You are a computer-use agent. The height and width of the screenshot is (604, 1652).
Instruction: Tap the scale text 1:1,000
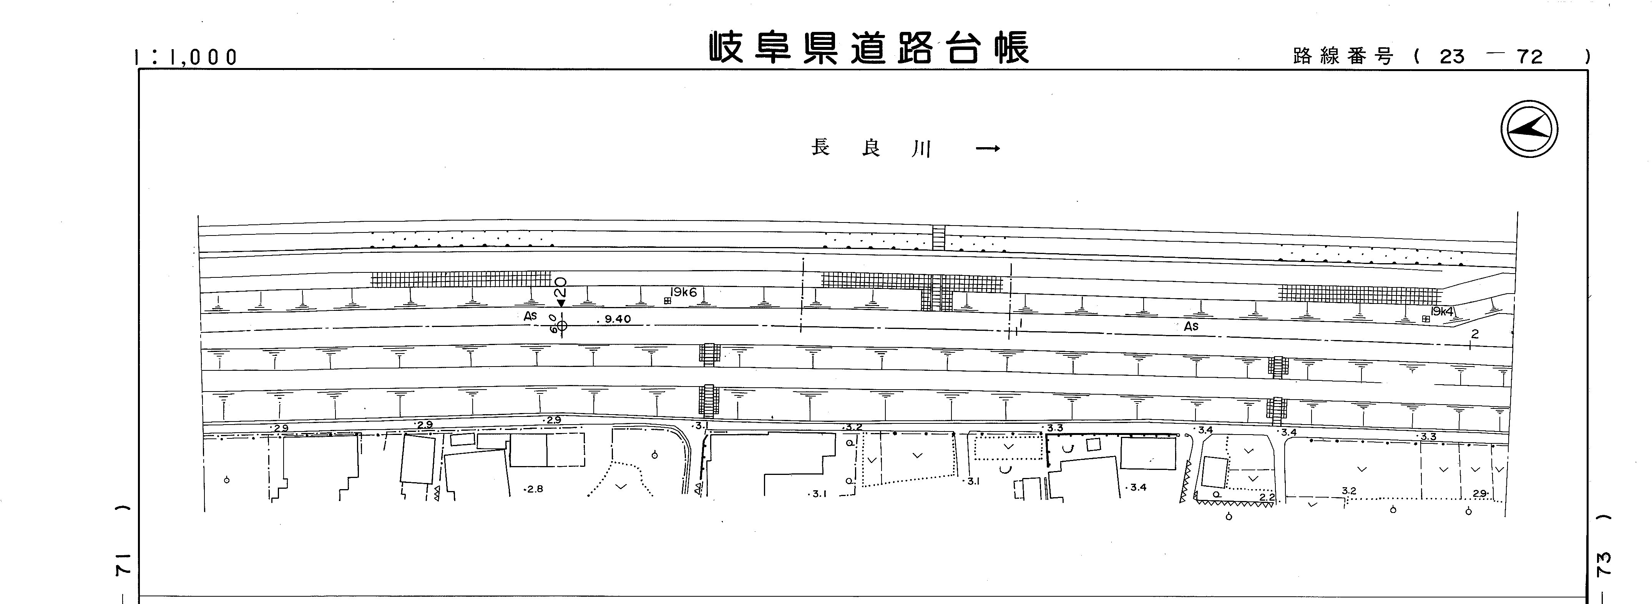[x=186, y=58]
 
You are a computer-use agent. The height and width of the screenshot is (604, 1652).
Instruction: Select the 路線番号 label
[x=1343, y=57]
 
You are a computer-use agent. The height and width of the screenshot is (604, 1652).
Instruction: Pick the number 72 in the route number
[x=1529, y=57]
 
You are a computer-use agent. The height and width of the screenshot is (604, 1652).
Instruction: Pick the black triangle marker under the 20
[x=561, y=303]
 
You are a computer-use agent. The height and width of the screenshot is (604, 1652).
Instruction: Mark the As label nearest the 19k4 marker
[x=1191, y=326]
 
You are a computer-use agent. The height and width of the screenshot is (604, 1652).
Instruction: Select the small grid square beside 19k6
[x=667, y=300]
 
